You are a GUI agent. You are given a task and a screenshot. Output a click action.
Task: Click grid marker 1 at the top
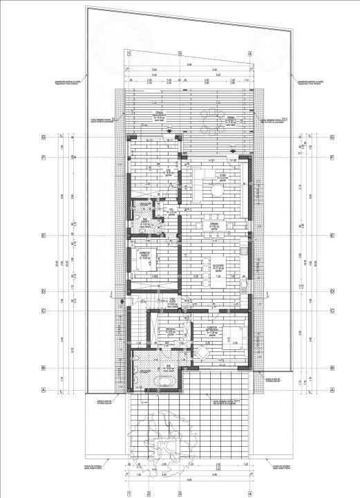click(x=129, y=53)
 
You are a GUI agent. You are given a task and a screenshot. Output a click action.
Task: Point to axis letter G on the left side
click(x=43, y=137)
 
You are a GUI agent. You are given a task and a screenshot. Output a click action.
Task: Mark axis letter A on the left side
click(x=43, y=390)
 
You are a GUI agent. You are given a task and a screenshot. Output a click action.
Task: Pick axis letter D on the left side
click(x=43, y=291)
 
